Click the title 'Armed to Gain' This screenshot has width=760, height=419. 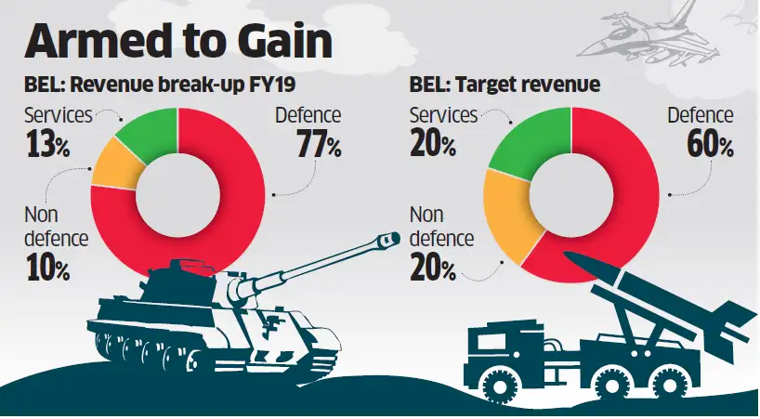177,45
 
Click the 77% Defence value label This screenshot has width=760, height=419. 320,146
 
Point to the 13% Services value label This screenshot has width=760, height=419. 46,146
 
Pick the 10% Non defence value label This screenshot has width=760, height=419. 46,269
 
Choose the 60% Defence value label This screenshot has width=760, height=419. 712,146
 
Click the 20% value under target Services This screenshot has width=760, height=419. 432,146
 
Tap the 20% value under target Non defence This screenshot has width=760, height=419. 433,269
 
